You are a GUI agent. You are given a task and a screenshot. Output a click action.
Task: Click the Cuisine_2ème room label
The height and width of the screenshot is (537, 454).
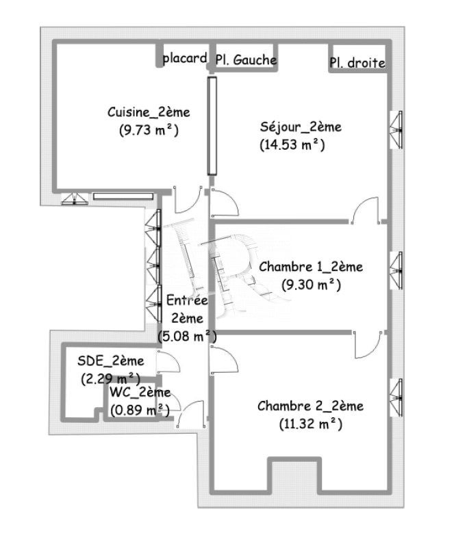(149, 112)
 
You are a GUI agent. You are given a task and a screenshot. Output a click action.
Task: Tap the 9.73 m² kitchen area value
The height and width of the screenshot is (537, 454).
(149, 130)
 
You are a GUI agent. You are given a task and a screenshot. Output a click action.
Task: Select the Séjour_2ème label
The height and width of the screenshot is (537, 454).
(301, 127)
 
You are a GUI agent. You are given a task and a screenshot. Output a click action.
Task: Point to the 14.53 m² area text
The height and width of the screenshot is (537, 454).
(292, 145)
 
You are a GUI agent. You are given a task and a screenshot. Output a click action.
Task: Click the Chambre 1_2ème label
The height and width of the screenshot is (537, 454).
(311, 266)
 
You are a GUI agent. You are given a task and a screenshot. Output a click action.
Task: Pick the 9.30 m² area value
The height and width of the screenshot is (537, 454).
(312, 285)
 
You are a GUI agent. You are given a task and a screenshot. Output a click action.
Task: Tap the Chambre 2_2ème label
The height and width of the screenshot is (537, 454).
(310, 406)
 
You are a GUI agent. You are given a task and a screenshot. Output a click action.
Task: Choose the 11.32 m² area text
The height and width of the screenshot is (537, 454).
(311, 424)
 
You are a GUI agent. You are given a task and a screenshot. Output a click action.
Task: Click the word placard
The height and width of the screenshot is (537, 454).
(185, 59)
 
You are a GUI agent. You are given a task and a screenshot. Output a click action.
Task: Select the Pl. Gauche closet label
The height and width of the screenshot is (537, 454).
(246, 60)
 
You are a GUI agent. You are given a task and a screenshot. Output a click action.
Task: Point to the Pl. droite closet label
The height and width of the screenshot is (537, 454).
(357, 63)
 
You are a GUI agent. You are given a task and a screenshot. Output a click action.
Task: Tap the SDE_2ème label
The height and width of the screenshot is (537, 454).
(111, 361)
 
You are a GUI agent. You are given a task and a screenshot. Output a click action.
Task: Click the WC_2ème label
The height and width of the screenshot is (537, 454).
(140, 392)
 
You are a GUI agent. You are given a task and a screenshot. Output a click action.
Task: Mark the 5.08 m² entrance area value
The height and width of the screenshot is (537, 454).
(187, 337)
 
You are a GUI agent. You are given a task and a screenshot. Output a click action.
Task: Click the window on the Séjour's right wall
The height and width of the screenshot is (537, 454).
(397, 130)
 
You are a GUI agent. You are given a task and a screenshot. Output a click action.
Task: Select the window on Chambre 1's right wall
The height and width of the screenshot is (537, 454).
(397, 271)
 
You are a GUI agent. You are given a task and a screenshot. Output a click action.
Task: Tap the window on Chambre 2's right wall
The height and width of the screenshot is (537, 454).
(397, 397)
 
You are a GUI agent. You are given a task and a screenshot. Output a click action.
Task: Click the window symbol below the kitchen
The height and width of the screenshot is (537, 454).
(75, 199)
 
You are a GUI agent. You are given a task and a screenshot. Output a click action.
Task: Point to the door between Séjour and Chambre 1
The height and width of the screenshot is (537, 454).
(366, 210)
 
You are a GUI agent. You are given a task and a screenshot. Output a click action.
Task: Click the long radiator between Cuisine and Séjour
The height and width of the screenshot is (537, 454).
(212, 126)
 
